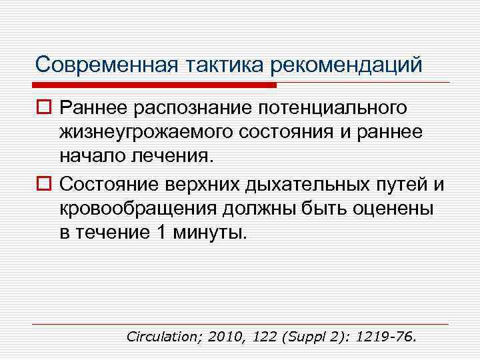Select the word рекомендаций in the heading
pos(347,65)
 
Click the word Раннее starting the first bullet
pos(91,107)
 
